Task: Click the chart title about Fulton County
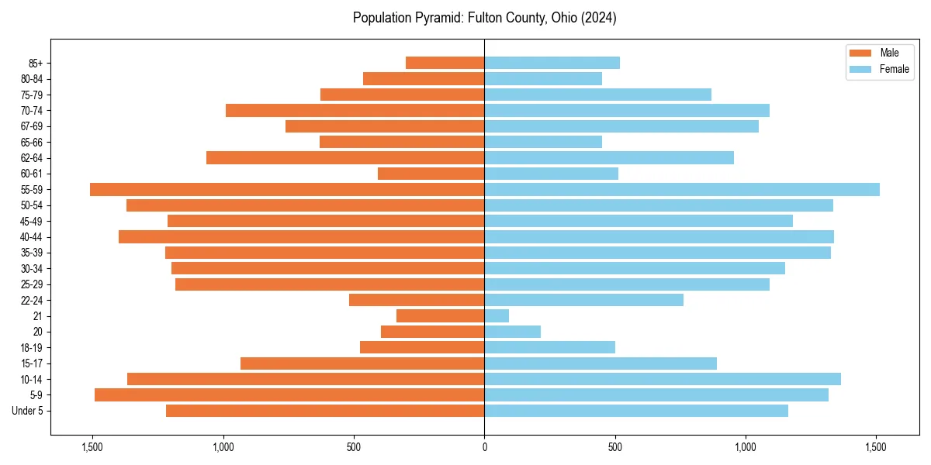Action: pos(484,18)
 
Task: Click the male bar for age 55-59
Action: pos(287,189)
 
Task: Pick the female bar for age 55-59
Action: pos(682,189)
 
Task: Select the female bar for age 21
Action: pos(497,315)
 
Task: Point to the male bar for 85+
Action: pos(445,63)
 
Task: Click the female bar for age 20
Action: pos(512,332)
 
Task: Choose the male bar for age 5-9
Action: pos(289,394)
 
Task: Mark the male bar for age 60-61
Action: pos(431,174)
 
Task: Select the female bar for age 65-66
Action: pos(543,142)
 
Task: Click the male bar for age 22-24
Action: pos(417,300)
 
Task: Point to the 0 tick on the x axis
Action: pos(484,447)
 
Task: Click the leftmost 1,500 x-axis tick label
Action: pos(92,447)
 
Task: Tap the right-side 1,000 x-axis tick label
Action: pos(746,447)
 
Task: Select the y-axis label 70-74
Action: pos(31,110)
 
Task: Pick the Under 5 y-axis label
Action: pos(27,411)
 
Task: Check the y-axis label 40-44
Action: pos(31,236)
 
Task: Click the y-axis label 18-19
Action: pos(31,347)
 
